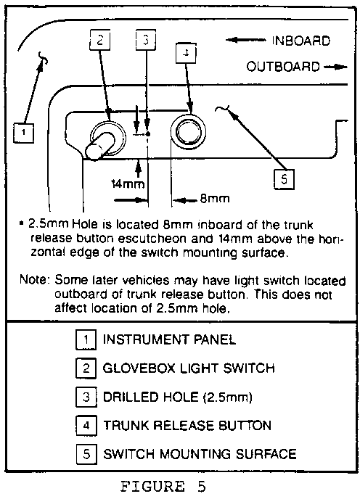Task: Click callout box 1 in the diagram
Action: [x=23, y=132]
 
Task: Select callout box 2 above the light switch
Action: [x=100, y=40]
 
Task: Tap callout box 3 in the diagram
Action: [x=146, y=40]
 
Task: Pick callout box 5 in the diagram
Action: [x=285, y=179]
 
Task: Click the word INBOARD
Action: [x=301, y=41]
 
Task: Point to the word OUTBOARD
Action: [x=283, y=67]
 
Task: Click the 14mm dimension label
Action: [x=128, y=183]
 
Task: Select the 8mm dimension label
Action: [x=215, y=199]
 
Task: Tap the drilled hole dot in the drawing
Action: [x=147, y=134]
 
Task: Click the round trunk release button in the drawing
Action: [x=188, y=131]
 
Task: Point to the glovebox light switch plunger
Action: [x=99, y=146]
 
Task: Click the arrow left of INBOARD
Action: [x=245, y=40]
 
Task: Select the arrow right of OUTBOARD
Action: [x=335, y=67]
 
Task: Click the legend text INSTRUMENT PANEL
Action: [x=169, y=339]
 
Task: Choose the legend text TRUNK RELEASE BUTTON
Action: [x=187, y=426]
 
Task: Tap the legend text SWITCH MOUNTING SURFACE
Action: [x=200, y=454]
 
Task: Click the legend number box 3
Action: [x=86, y=397]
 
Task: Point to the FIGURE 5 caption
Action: [x=163, y=487]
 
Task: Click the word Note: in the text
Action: [x=35, y=280]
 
